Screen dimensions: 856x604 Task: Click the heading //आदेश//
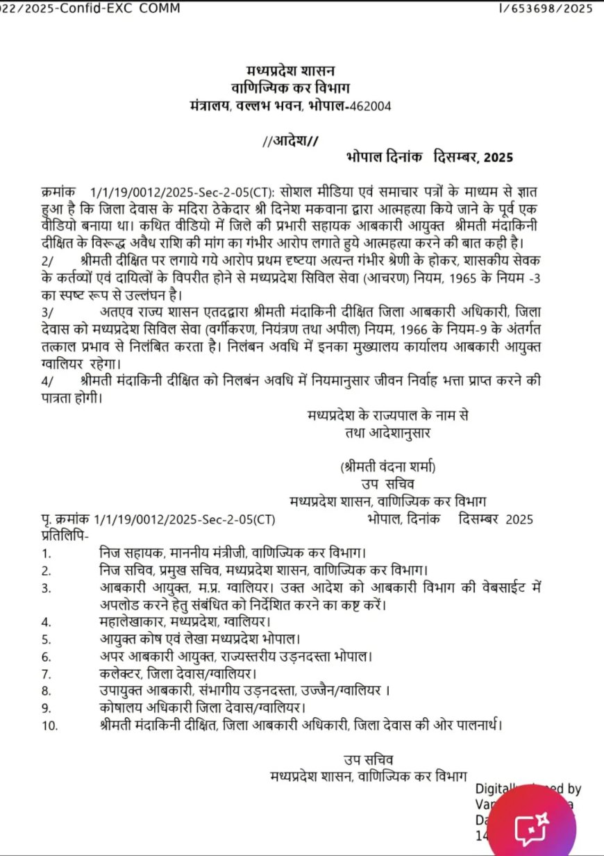pos(291,141)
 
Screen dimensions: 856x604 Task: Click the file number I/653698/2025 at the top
pos(546,8)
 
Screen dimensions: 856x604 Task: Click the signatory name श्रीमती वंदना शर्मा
pos(389,466)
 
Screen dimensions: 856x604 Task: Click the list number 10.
pos(49,725)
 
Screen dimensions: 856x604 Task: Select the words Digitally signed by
pos(528,789)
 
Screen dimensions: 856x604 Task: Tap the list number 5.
pos(47,639)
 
